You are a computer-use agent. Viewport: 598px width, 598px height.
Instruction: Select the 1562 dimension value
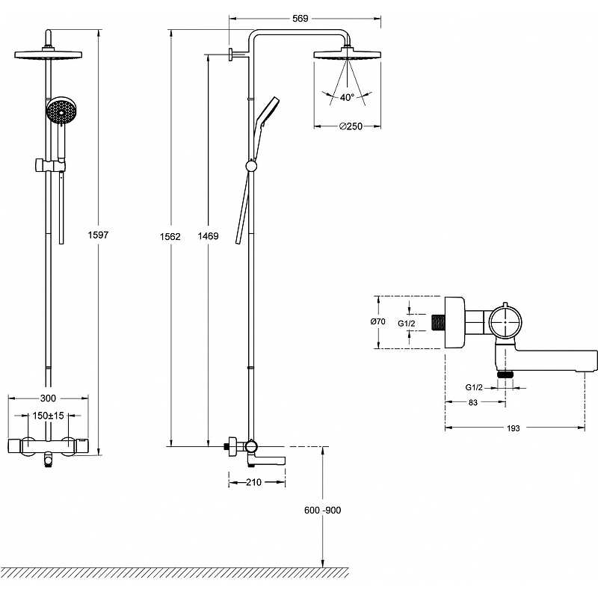[171, 236]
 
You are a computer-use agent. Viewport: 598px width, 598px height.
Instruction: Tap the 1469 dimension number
[209, 236]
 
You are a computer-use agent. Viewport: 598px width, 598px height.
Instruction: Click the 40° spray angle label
[346, 97]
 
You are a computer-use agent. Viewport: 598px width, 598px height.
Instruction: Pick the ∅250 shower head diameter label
[350, 127]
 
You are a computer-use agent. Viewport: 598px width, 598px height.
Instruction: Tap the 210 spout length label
[254, 482]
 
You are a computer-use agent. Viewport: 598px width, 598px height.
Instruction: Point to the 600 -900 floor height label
[322, 510]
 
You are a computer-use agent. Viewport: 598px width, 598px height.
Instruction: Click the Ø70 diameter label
[377, 321]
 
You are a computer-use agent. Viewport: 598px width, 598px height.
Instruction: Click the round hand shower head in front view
[61, 113]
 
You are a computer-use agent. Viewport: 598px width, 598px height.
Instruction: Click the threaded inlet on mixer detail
[439, 322]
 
